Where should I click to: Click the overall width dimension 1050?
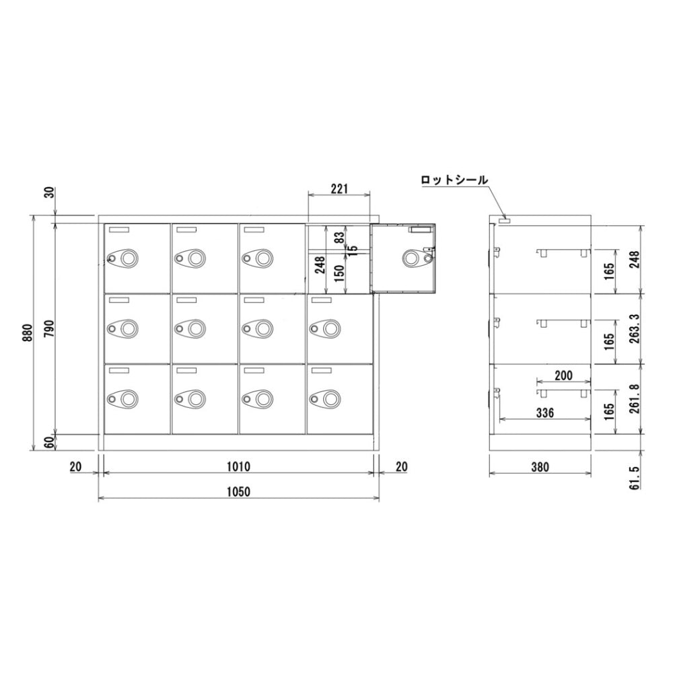238,491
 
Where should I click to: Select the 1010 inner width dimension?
238,466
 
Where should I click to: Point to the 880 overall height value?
28,333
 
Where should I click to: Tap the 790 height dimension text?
50,328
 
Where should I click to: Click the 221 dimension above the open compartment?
339,189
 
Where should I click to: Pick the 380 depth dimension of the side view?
540,466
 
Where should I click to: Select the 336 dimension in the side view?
545,413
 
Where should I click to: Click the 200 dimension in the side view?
563,376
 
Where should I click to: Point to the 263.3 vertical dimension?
635,329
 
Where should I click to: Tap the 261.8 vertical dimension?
635,398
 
